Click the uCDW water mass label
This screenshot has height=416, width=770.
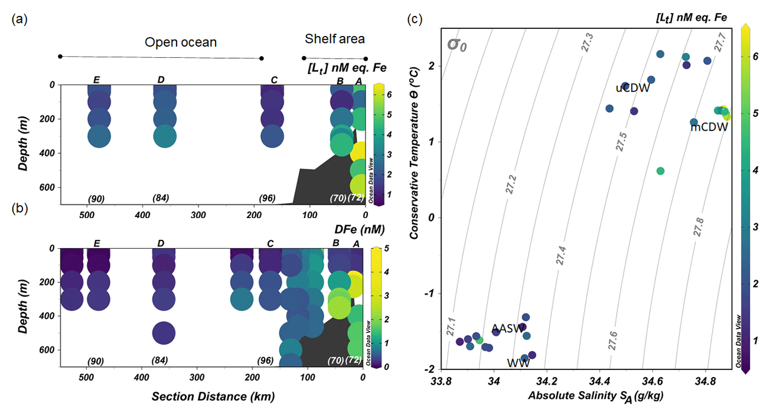point(632,88)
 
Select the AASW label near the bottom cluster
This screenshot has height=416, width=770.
point(508,329)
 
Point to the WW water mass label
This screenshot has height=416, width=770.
point(518,362)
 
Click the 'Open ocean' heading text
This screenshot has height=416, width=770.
point(181,42)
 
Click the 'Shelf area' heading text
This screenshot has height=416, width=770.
point(335,39)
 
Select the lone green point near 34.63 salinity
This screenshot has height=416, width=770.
point(660,171)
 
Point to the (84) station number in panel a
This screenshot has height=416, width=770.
point(161,197)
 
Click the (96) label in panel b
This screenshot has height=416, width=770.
point(267,360)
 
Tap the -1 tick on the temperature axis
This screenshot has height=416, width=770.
point(428,294)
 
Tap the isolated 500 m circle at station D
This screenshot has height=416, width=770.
point(164,333)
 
